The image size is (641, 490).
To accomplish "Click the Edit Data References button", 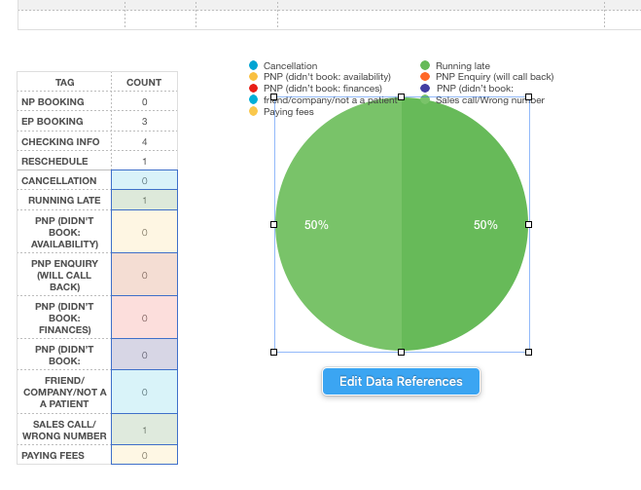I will [x=401, y=382].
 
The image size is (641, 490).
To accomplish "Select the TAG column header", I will [x=64, y=82].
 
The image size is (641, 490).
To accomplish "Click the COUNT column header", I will [x=144, y=82].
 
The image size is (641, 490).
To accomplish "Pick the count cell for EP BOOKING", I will [x=144, y=122].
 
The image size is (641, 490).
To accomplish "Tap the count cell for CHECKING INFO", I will [x=144, y=141].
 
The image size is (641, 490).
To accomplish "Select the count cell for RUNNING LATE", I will [x=144, y=201].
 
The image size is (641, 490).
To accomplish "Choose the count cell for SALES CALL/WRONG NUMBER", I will [x=144, y=430].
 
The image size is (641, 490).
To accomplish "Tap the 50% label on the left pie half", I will [x=316, y=225].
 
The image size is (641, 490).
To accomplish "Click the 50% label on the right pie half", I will [x=485, y=225].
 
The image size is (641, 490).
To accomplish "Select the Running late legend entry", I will [x=462, y=66].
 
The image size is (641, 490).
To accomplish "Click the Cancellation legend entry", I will [x=290, y=66].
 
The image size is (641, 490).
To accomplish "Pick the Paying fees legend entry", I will [x=288, y=112].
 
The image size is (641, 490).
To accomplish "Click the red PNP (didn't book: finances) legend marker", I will [x=254, y=89].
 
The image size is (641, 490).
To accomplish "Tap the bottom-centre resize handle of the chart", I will [x=402, y=352].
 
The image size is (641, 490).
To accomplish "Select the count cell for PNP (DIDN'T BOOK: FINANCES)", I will [x=144, y=318].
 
